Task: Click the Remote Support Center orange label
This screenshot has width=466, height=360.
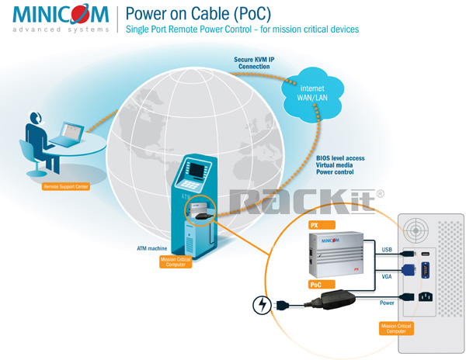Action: (x=56, y=188)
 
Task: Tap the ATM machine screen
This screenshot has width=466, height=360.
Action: (x=194, y=169)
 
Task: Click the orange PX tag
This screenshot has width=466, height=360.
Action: (x=315, y=225)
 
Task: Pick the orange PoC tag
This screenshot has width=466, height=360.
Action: (x=317, y=284)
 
